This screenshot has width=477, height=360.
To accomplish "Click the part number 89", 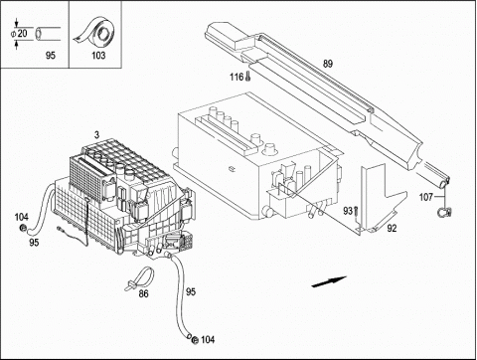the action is click(328, 64).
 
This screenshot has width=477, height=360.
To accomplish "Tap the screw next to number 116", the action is click(248, 77).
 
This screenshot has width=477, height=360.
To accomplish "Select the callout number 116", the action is click(237, 78).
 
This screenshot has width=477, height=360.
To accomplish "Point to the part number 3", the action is click(96, 135).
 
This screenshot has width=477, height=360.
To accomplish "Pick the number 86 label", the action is click(143, 293).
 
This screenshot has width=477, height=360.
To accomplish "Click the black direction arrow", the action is click(329, 281).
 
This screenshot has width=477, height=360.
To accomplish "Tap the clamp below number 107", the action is click(445, 212).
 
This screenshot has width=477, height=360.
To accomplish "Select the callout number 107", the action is click(426, 197).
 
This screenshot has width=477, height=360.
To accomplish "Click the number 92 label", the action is click(392, 228).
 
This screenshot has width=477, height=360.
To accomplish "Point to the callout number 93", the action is click(348, 211).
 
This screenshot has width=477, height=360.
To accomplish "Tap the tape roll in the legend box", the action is click(97, 33).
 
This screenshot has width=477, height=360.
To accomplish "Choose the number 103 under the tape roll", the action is click(98, 55).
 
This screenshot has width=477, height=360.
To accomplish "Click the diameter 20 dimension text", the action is click(19, 34).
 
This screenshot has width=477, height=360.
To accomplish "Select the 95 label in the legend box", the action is click(51, 55).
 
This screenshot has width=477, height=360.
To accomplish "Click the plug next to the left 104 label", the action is click(24, 228).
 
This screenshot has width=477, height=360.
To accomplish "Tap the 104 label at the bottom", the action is click(208, 339).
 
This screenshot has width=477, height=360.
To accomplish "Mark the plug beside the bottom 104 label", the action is click(196, 339).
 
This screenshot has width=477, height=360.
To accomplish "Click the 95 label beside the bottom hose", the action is click(191, 291).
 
